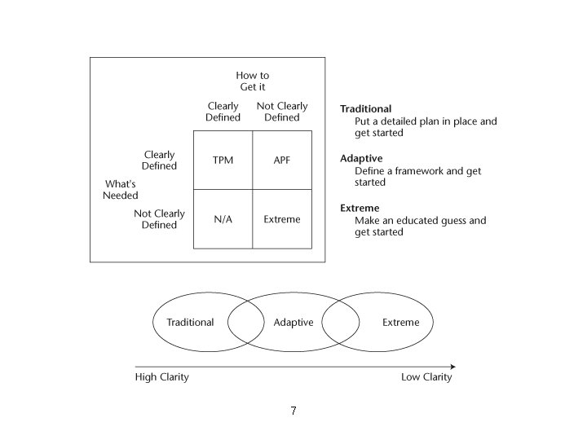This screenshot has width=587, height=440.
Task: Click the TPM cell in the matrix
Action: click(x=223, y=161)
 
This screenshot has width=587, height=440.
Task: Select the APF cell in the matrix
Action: click(x=282, y=161)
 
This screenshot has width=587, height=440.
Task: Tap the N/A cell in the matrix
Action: click(x=223, y=219)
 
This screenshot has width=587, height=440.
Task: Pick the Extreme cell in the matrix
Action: click(x=282, y=219)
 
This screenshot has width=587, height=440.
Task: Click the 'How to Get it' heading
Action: click(x=252, y=81)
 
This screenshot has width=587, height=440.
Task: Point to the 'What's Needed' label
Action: click(x=121, y=190)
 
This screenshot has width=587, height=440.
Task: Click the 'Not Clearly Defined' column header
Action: click(x=282, y=112)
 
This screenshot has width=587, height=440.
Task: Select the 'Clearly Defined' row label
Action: click(x=159, y=161)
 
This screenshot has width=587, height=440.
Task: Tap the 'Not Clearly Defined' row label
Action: click(x=159, y=219)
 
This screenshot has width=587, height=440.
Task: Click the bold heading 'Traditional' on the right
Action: click(x=365, y=109)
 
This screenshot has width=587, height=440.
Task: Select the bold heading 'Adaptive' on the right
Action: click(x=361, y=159)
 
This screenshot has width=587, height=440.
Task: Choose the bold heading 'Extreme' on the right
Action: click(x=360, y=209)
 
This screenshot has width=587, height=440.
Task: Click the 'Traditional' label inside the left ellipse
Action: click(x=190, y=323)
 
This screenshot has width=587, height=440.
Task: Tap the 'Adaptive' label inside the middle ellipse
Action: click(x=293, y=323)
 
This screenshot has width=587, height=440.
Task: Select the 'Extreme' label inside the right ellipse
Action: click(x=401, y=323)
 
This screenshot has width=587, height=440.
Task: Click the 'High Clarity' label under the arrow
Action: click(x=161, y=378)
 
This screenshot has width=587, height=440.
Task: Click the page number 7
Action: click(x=293, y=411)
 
